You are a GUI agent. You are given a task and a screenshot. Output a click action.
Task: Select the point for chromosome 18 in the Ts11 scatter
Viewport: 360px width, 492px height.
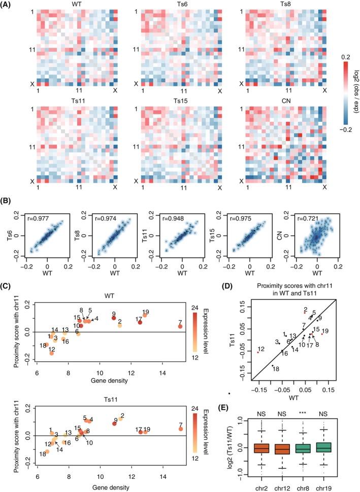(47, 451)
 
